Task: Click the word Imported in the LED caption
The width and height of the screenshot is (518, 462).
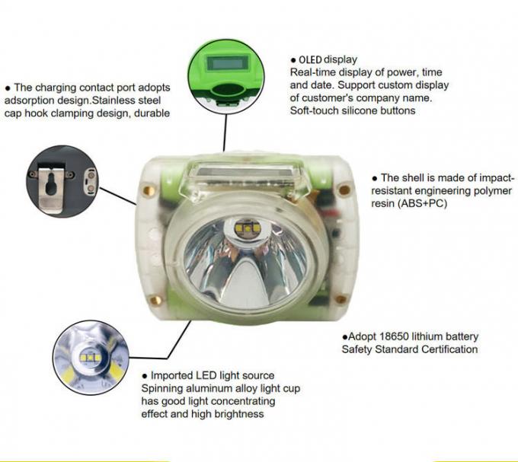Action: pyautogui.click(x=174, y=376)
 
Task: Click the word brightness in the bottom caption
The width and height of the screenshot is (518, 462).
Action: pyautogui.click(x=236, y=414)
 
